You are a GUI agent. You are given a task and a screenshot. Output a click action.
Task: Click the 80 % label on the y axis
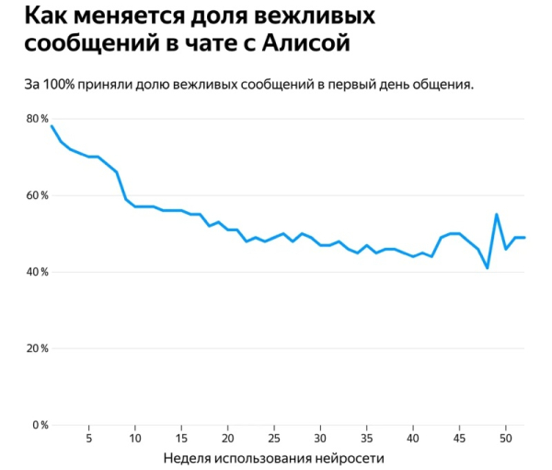pyautogui.click(x=38, y=119)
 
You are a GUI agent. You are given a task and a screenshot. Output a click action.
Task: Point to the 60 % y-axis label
pyautogui.click(x=38, y=195)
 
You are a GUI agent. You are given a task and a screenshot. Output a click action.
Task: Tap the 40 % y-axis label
pyautogui.click(x=38, y=272)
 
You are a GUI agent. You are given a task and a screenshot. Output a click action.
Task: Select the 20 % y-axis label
pyautogui.click(x=38, y=348)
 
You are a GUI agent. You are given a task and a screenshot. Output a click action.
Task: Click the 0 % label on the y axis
pyautogui.click(x=40, y=425)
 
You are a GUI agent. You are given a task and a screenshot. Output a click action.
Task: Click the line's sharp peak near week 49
pyautogui.click(x=497, y=215)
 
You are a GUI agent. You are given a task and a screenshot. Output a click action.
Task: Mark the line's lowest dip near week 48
pyautogui.click(x=488, y=268)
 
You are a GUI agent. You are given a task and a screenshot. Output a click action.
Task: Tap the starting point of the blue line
pyautogui.click(x=52, y=126)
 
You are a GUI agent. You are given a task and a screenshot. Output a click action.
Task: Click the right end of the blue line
pyautogui.click(x=524, y=238)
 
